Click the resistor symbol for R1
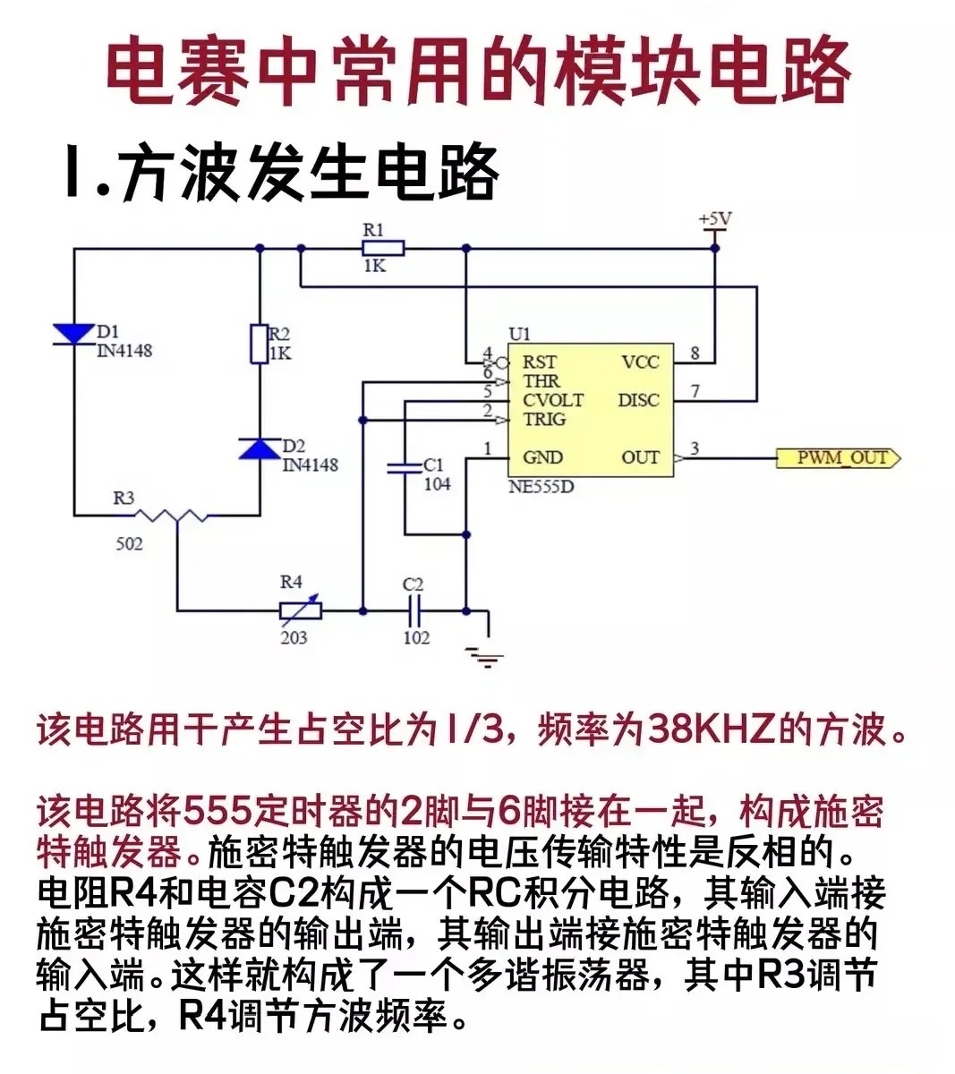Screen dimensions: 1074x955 (x=383, y=249)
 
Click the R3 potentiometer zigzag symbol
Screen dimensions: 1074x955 (x=178, y=516)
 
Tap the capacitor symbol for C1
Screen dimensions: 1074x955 (x=405, y=467)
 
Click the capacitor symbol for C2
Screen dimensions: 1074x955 (x=414, y=611)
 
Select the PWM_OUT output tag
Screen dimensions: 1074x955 (x=840, y=458)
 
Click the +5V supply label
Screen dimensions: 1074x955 (x=715, y=219)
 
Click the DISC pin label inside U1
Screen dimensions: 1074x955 (x=637, y=400)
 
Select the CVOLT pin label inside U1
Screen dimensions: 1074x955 (x=552, y=400)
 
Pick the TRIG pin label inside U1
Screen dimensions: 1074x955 (x=543, y=419)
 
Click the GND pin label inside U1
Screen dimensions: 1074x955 (x=542, y=457)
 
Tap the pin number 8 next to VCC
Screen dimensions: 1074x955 (x=695, y=353)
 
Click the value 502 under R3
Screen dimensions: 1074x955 (x=129, y=543)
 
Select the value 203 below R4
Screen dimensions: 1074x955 (x=293, y=637)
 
